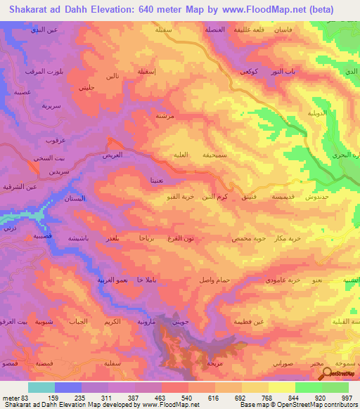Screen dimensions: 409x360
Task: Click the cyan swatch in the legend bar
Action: coord(41,387)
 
